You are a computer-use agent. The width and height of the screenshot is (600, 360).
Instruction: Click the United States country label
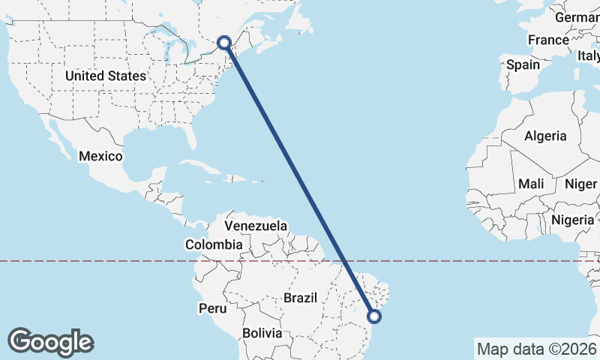coord(105,76)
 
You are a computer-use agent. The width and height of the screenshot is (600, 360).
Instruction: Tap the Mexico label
coord(100,156)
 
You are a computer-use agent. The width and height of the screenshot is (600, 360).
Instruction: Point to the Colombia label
coord(214,244)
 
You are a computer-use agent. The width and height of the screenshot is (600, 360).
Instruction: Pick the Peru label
coord(212,308)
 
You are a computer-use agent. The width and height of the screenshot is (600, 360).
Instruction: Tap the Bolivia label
coord(262,332)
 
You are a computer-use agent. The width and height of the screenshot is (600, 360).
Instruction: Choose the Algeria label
coord(545,136)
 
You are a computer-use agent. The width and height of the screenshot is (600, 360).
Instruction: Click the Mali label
coord(531,184)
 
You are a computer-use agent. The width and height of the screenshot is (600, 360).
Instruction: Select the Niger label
coord(580,184)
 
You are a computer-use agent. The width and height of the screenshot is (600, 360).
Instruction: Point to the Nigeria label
coord(572,220)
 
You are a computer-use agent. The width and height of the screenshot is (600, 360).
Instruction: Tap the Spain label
coord(523,64)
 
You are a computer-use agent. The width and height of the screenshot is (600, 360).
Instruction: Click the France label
coord(548,40)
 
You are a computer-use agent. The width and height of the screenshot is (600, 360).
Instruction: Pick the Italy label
coord(588,55)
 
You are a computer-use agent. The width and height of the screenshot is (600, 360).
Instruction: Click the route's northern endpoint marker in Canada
coord(224,43)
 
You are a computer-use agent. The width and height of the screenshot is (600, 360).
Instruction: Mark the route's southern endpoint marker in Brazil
coord(375,316)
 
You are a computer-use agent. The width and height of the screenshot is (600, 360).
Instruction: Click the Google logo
coord(51,341)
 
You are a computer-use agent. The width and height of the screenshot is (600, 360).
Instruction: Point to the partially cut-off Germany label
coord(577,17)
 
